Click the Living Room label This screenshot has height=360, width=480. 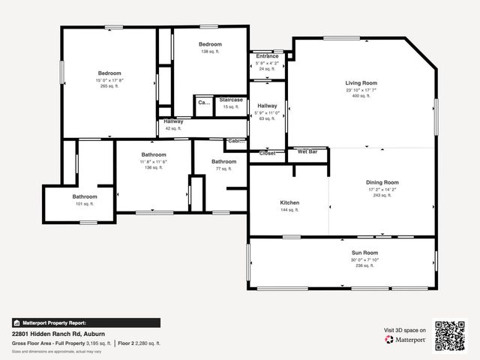(x=361, y=82)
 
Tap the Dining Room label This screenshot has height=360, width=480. (x=382, y=182)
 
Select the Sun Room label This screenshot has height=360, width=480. (x=364, y=253)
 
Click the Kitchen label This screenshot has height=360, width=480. (x=289, y=203)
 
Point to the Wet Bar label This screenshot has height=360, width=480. (x=307, y=151)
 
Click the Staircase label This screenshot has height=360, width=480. (x=229, y=99)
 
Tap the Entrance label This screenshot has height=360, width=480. (x=267, y=56)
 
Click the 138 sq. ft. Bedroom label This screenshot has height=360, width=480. (x=210, y=44)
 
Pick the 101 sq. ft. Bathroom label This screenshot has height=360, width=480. (x=85, y=196)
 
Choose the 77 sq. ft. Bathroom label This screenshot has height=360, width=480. (x=223, y=161)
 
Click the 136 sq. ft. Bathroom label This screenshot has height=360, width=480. (x=153, y=154)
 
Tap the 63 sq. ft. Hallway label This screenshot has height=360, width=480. (x=267, y=106)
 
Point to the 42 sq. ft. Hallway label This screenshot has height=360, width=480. (x=173, y=121)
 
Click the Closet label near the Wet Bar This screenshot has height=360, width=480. (x=268, y=153)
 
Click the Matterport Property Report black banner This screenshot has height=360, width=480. (x=85, y=322)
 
